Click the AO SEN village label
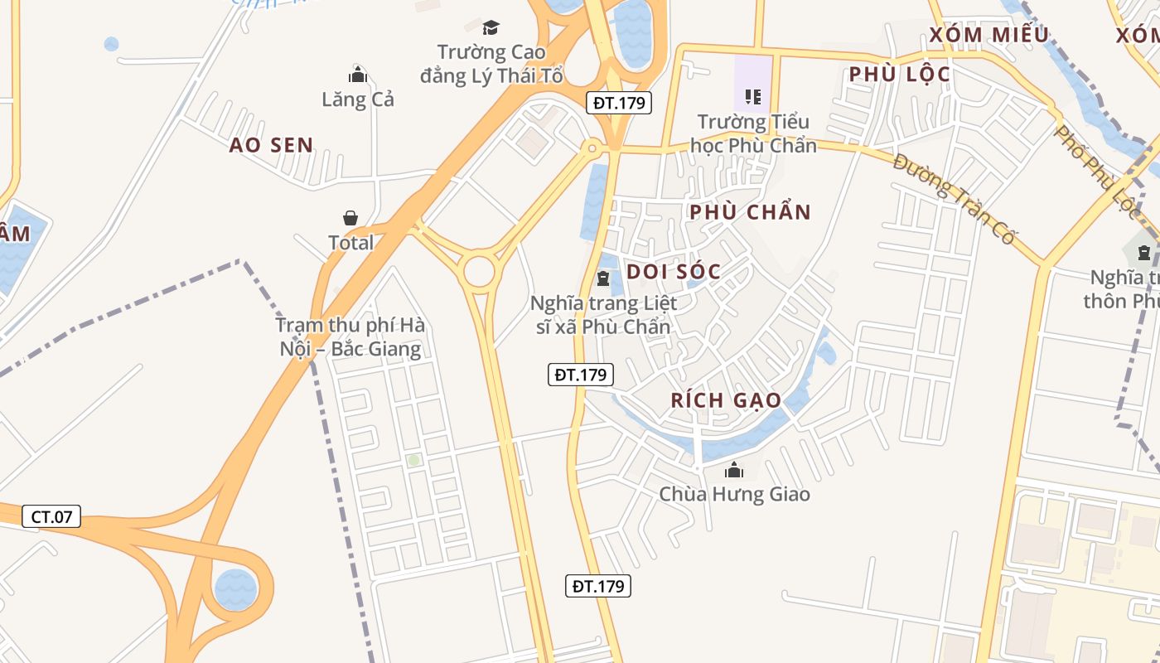(x=271, y=145)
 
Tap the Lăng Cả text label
(x=358, y=99)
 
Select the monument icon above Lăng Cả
(x=358, y=74)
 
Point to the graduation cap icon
(x=491, y=27)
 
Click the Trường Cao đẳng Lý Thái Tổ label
(x=491, y=64)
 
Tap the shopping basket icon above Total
(x=350, y=218)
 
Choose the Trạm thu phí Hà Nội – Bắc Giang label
(x=350, y=336)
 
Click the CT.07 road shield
(x=51, y=517)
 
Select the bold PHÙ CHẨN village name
(x=750, y=212)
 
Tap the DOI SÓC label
(x=674, y=271)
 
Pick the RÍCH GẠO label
(x=726, y=400)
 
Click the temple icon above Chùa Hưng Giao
(x=734, y=471)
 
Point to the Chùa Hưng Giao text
(x=734, y=494)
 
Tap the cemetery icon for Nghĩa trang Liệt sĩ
(x=603, y=276)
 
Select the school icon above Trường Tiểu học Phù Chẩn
(x=753, y=96)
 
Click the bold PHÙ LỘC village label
(x=899, y=75)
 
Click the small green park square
(x=413, y=459)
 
